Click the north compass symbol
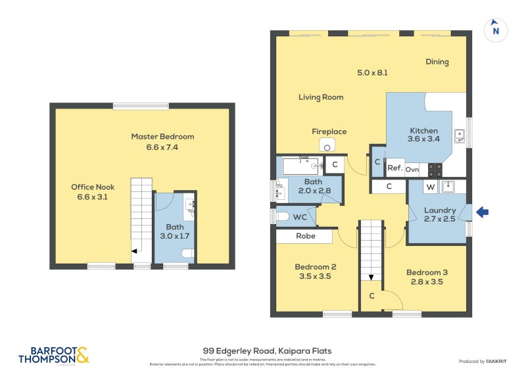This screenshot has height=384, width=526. point(496,30)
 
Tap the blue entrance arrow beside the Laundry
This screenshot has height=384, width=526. point(482,212)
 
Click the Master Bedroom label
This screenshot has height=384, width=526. point(162,137)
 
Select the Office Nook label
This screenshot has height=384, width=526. point(93,187)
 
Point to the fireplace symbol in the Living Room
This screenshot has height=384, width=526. point(327,145)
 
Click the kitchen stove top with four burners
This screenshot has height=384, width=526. point(435,170)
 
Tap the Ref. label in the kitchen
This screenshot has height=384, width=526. point(394,168)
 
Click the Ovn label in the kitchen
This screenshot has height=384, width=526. point(412,170)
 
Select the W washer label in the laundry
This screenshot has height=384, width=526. point(430,187)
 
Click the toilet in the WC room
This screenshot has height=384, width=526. point(283,216)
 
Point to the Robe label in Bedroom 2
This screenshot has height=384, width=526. point(305,236)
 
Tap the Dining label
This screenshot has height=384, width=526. point(437,62)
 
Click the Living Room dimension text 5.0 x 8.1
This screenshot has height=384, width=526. point(371,73)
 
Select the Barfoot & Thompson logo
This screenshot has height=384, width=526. point(53,355)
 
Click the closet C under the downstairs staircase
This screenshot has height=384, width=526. point(371,297)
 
